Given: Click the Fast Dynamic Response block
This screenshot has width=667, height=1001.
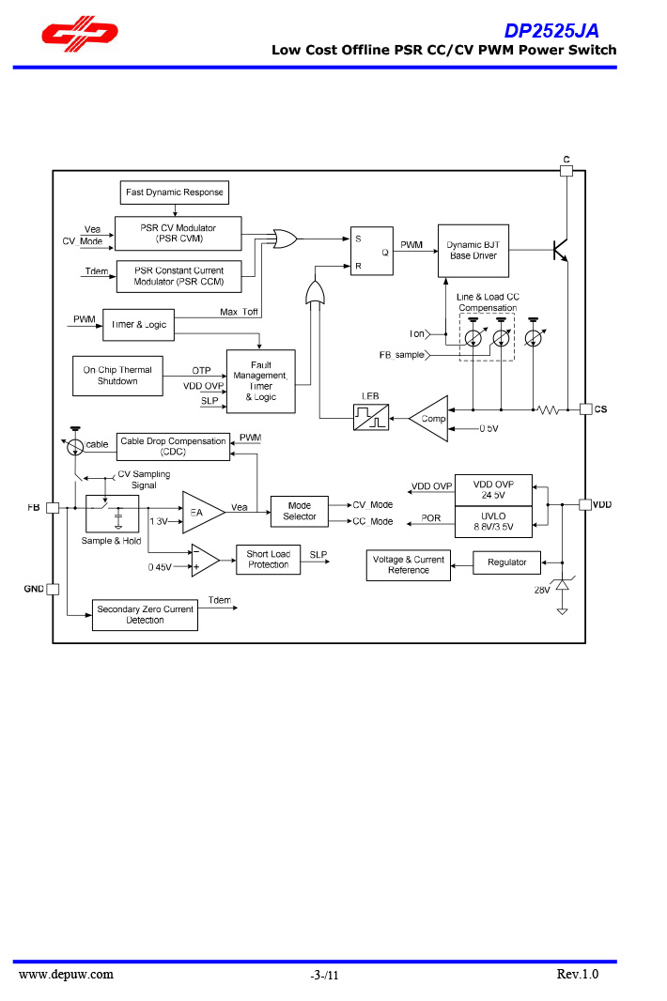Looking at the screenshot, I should click(x=175, y=192).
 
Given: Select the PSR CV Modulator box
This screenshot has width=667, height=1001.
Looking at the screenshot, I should click(x=178, y=233).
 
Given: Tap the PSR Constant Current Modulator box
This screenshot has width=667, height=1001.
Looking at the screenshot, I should click(x=178, y=276).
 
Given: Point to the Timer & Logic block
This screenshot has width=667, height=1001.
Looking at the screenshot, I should click(x=138, y=324).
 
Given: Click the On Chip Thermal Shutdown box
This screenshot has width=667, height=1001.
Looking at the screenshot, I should click(x=117, y=376).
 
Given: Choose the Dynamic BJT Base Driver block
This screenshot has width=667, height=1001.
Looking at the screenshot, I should click(x=473, y=251).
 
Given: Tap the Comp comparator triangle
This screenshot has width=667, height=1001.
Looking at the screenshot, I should click(x=429, y=419).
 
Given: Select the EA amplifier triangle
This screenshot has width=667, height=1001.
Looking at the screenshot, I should click(x=201, y=512).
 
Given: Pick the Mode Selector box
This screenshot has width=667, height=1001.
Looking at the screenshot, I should click(x=300, y=511).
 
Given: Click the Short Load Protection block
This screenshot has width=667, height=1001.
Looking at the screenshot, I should click(x=268, y=560).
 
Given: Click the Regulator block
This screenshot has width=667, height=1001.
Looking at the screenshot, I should click(x=507, y=562).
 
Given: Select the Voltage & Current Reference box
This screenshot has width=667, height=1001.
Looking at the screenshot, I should click(x=409, y=565).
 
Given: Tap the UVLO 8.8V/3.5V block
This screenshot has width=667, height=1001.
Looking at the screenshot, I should click(x=493, y=522).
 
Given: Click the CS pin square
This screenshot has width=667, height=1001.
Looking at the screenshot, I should click(x=585, y=409).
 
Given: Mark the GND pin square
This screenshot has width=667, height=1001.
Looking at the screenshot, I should click(x=53, y=589).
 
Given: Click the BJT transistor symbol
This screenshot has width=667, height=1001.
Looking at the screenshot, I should click(x=560, y=250).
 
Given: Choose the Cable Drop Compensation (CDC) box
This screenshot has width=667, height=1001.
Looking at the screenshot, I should click(x=173, y=446).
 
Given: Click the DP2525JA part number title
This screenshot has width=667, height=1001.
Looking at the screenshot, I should click(x=551, y=31).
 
